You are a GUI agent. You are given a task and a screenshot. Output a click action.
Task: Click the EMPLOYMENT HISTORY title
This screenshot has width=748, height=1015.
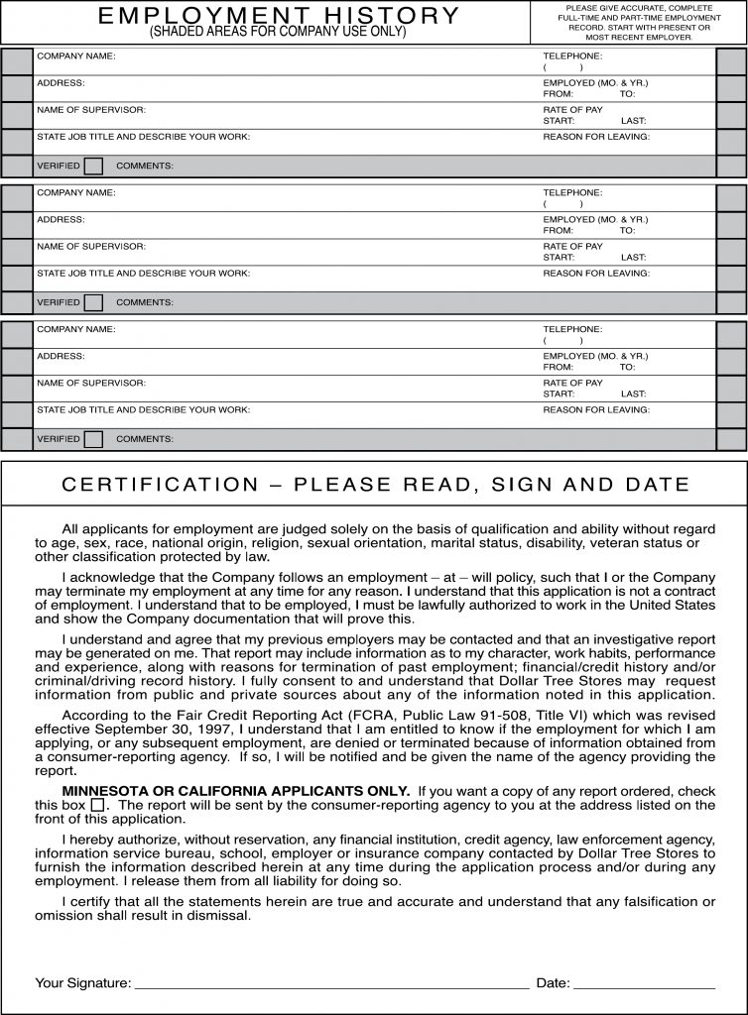tap(279, 15)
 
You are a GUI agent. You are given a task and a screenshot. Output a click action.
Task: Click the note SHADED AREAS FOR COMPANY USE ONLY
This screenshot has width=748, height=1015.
tap(278, 32)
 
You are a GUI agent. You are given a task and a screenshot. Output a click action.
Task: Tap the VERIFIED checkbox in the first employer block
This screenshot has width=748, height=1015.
tap(93, 166)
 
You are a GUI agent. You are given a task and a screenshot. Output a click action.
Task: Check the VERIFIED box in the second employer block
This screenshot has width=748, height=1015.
tap(93, 302)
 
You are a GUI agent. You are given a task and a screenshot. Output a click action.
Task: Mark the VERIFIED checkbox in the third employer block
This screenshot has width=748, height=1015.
tap(93, 438)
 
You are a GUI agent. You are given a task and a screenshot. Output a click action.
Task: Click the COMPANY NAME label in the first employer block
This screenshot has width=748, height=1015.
tap(76, 56)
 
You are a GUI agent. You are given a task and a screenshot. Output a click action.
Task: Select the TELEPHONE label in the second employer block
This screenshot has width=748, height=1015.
tap(572, 192)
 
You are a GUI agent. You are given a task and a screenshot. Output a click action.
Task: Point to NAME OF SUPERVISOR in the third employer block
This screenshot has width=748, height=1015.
tap(91, 382)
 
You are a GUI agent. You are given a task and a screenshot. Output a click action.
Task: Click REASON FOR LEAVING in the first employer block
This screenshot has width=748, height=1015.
tap(596, 136)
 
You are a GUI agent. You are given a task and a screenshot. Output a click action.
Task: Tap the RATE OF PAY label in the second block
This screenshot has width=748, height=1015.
tap(572, 246)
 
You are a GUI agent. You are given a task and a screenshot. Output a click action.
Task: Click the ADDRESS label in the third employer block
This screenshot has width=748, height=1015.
tap(61, 355)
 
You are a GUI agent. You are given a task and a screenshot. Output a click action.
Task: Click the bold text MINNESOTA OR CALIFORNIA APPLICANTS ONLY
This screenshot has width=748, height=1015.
tap(236, 790)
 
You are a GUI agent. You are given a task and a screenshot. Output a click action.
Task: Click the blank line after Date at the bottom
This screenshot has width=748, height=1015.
tap(644, 984)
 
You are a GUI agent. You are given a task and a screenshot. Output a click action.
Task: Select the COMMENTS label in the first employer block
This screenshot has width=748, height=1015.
tap(145, 166)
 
